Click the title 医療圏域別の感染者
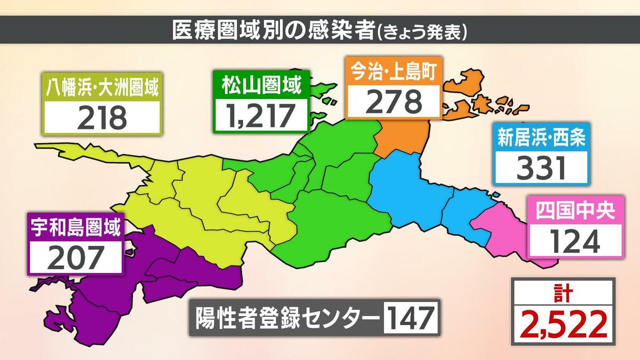click(274, 30)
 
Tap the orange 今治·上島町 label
click(394, 71)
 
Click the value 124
click(574, 241)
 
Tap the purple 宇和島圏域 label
click(75, 228)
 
